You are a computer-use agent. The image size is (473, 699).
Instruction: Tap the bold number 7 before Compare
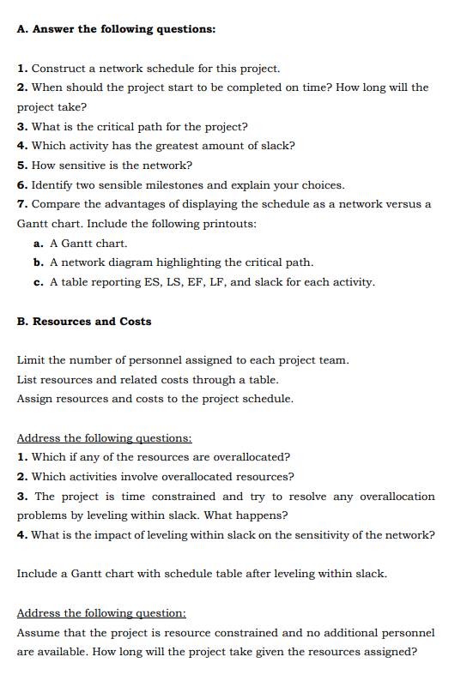pyautogui.click(x=21, y=204)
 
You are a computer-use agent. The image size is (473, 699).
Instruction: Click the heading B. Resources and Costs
pyautogui.click(x=84, y=322)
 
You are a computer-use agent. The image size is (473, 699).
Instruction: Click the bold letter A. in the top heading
pyautogui.click(x=22, y=29)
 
